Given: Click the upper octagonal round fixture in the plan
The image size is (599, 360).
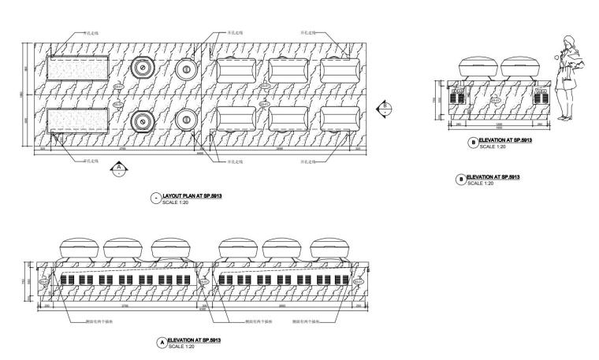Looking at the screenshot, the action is [143, 69].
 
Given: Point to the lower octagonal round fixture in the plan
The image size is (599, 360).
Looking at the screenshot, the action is [143, 121].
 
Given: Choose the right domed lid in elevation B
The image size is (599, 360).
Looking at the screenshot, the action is [520, 65].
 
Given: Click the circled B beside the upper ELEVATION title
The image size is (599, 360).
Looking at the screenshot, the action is [472, 143].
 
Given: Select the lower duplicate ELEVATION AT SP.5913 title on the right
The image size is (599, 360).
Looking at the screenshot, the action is [493, 177].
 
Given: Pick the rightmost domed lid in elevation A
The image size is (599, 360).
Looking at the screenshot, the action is [331, 247].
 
